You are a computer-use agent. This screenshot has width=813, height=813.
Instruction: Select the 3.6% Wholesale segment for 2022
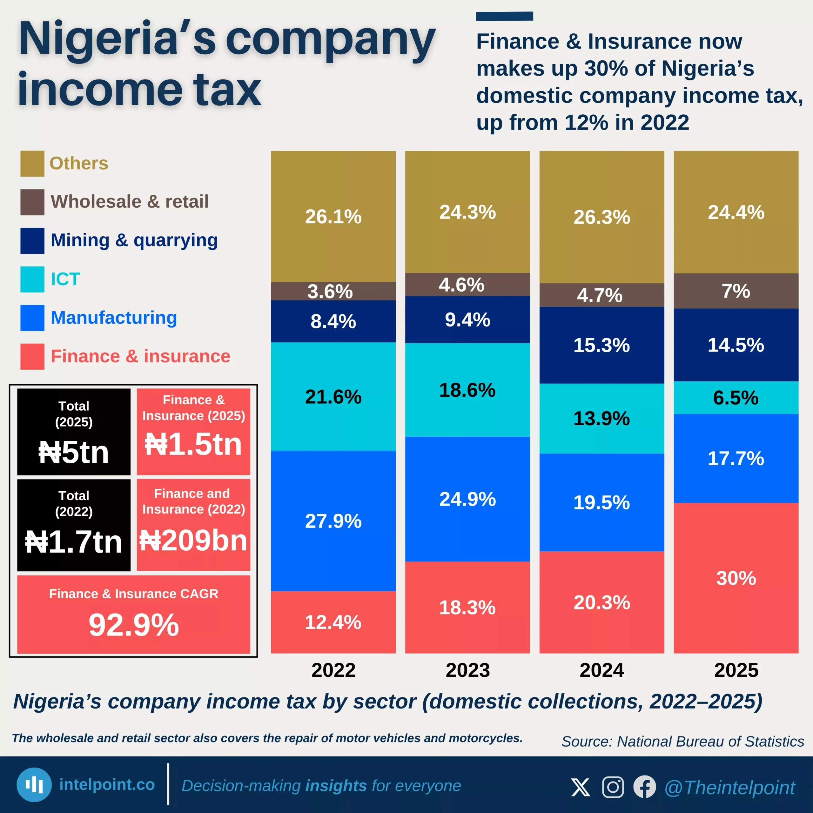click(x=333, y=291)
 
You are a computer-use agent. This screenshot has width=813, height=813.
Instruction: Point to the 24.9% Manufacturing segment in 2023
click(x=467, y=499)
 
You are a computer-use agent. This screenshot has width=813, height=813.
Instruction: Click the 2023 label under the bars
click(x=467, y=670)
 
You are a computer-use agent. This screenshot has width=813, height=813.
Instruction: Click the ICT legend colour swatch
click(x=32, y=279)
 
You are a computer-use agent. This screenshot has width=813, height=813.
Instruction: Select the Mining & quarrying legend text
click(x=134, y=240)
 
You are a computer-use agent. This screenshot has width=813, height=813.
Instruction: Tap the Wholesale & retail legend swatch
click(x=32, y=202)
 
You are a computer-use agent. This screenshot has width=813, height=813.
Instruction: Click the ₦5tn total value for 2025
click(x=74, y=452)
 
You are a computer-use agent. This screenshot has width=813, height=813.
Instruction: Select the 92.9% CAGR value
click(x=133, y=625)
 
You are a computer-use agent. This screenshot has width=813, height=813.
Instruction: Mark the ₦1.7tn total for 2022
click(x=74, y=541)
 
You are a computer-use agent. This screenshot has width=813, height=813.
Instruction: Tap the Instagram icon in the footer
click(x=613, y=787)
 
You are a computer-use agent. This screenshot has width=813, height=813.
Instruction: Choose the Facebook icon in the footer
click(x=644, y=787)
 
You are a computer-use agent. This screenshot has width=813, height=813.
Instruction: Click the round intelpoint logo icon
click(x=34, y=785)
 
